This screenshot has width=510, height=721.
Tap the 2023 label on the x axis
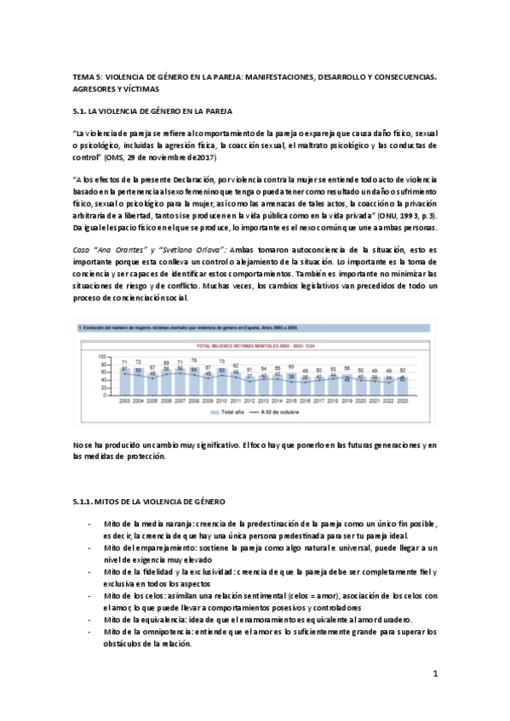click(x=413, y=400)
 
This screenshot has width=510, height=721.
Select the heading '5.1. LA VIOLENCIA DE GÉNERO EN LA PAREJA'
click(x=147, y=111)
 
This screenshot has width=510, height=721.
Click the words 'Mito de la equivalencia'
click(x=143, y=620)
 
